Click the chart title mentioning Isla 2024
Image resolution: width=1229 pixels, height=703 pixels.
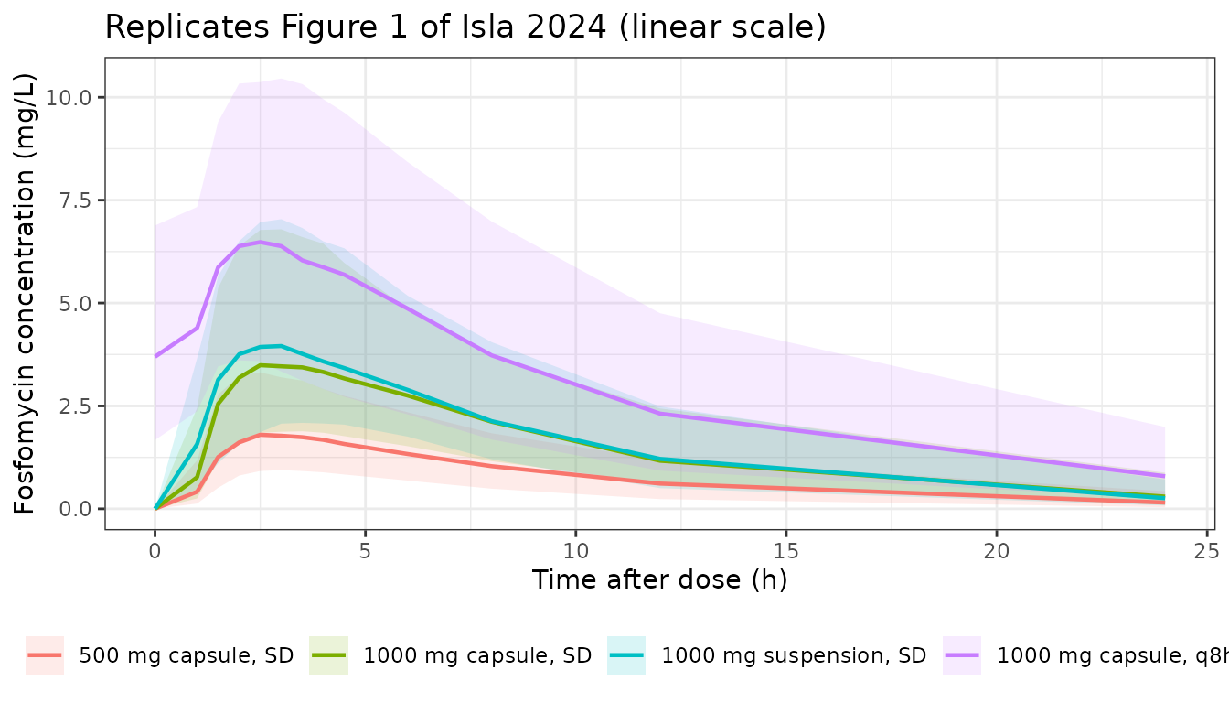[465, 27]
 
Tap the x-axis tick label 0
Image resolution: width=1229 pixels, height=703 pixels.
[155, 551]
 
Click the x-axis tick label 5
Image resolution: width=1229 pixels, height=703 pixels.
[366, 551]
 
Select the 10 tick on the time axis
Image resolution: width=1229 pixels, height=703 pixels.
[575, 551]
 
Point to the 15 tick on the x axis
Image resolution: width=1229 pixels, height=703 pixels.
[786, 551]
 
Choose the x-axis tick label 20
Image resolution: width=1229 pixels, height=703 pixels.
[997, 551]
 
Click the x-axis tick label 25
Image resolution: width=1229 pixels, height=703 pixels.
[1206, 551]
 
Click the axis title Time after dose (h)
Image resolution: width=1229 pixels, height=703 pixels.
[659, 580]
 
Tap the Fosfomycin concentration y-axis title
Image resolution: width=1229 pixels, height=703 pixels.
[24, 294]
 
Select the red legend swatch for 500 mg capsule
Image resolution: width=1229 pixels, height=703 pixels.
[45, 655]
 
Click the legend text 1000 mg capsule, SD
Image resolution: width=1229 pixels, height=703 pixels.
[477, 655]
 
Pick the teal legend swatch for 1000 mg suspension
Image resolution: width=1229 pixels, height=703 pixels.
[626, 655]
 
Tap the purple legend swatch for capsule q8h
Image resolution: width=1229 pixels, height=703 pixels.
[962, 655]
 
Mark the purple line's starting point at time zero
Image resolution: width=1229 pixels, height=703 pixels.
[155, 356]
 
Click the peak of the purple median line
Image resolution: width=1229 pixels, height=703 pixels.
[261, 243]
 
